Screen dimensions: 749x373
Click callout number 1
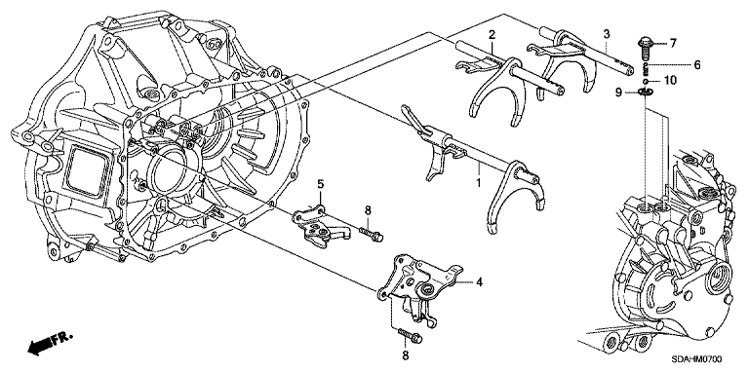click(478, 183)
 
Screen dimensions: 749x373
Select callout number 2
click(492, 34)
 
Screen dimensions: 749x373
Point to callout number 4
click(479, 282)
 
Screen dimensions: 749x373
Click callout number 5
click(321, 183)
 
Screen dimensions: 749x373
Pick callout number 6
click(697, 64)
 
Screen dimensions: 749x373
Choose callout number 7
click(673, 44)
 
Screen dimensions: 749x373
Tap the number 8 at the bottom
click(405, 354)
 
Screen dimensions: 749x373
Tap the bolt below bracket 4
click(410, 335)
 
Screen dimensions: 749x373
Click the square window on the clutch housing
click(87, 169)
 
